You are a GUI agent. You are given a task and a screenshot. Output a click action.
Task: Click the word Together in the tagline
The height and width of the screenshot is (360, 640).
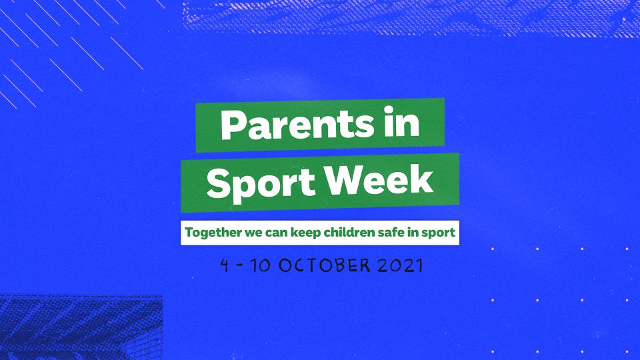point(211,233)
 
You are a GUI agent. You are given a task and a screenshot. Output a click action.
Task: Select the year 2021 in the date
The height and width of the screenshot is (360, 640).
point(399,265)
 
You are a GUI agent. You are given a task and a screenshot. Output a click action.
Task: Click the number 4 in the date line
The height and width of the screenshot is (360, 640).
point(225,265)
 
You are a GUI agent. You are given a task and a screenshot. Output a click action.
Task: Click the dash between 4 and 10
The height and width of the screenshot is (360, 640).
point(239,265)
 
